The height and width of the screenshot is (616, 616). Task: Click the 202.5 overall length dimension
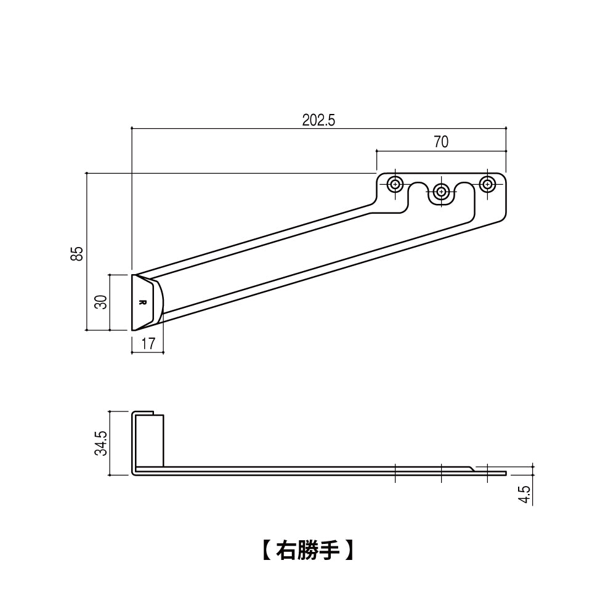pyautogui.click(x=318, y=120)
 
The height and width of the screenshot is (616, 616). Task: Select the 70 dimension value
pyautogui.click(x=441, y=142)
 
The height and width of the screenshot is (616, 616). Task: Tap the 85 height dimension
pyautogui.click(x=77, y=253)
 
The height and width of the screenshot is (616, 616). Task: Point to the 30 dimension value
pyautogui.click(x=102, y=302)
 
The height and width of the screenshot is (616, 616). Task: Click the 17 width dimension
pyautogui.click(x=148, y=344)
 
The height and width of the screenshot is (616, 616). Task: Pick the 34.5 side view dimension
pyautogui.click(x=102, y=443)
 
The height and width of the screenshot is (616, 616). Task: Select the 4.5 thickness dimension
pyautogui.click(x=525, y=494)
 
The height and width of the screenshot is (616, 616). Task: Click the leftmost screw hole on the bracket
pyautogui.click(x=395, y=184)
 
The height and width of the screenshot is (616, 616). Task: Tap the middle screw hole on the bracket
pyautogui.click(x=441, y=191)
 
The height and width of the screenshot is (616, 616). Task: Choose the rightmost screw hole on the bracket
pyautogui.click(x=488, y=184)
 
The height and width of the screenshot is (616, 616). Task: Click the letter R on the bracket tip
pyautogui.click(x=142, y=302)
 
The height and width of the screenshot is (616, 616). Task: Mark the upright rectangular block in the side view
pyautogui.click(x=150, y=440)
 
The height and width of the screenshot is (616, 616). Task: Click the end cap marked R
pyautogui.click(x=147, y=302)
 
